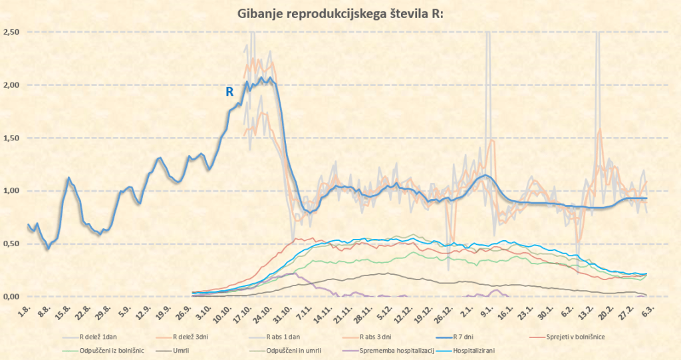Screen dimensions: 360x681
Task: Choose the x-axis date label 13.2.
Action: click(587, 311)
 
